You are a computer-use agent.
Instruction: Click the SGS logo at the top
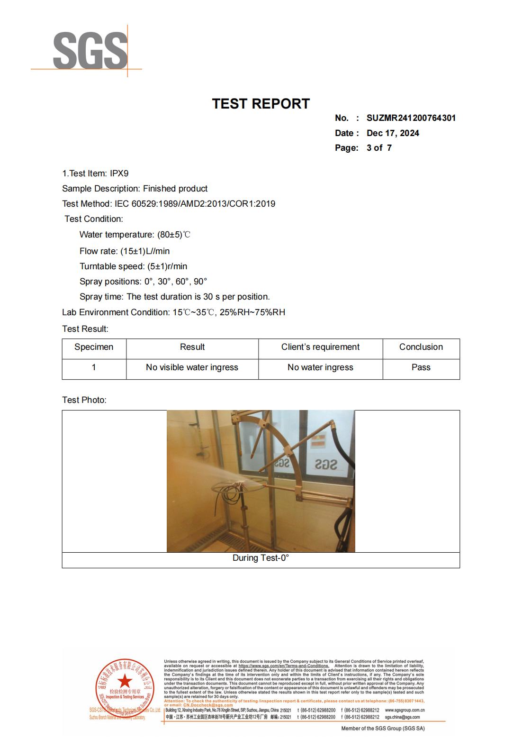tap(90, 50)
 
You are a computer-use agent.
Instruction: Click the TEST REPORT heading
tap(261, 104)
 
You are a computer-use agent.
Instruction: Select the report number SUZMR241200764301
tap(411, 118)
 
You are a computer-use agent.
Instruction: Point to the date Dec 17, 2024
tap(393, 133)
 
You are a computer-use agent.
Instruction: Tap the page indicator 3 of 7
tap(379, 148)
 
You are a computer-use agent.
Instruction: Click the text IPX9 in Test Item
tap(119, 173)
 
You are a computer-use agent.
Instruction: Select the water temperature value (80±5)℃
tap(174, 235)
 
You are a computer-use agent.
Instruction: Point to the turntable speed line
tap(133, 266)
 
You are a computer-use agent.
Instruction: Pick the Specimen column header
tap(94, 347)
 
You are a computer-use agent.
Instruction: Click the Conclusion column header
tap(421, 347)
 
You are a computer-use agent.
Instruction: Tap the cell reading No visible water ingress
tap(192, 367)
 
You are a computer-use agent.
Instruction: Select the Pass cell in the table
tap(421, 367)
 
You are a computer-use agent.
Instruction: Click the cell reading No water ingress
tap(320, 367)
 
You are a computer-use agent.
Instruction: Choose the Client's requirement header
tap(320, 347)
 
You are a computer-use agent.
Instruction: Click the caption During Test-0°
tap(261, 558)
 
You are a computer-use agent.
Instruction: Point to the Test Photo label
tap(84, 400)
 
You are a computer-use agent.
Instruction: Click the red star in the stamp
tap(125, 682)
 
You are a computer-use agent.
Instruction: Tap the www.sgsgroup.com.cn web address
tap(405, 710)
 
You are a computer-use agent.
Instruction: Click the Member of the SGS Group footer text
tap(383, 729)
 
